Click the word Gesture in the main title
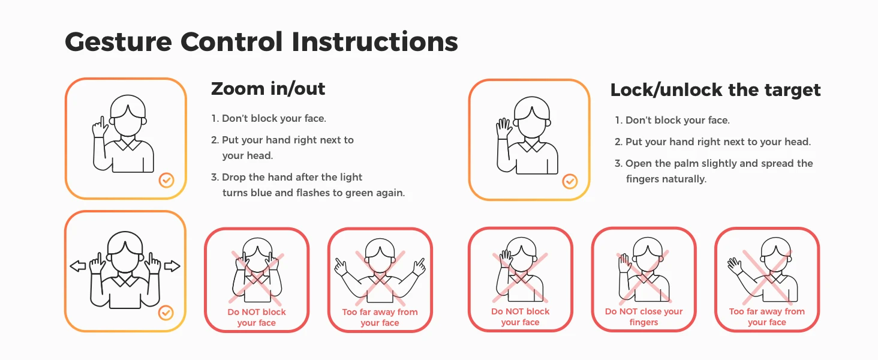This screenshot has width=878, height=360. (x=118, y=43)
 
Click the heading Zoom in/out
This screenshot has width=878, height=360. (x=268, y=89)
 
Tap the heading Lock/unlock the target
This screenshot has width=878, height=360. (x=715, y=90)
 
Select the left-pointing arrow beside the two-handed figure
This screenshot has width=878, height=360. (x=77, y=266)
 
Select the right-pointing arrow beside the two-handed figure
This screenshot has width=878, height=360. (x=172, y=266)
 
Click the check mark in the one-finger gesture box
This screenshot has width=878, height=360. (x=167, y=180)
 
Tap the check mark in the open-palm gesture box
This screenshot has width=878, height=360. (x=570, y=182)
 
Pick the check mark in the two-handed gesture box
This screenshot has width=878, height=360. (x=166, y=313)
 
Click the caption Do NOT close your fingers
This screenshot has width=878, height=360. (x=644, y=317)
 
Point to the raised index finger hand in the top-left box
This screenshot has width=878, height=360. (x=100, y=127)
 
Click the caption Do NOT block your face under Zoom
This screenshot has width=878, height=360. (x=257, y=317)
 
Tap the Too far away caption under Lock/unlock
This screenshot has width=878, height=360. (x=766, y=317)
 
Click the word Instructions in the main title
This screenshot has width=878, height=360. (x=375, y=41)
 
